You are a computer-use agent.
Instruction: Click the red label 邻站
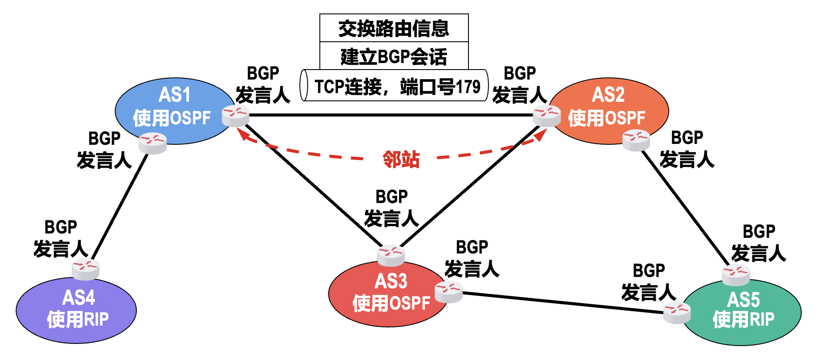(x=401, y=160)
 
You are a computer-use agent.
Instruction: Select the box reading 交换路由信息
(x=394, y=28)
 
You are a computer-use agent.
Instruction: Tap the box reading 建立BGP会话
(x=394, y=57)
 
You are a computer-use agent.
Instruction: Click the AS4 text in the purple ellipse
(x=78, y=298)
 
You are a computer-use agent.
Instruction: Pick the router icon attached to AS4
(x=86, y=269)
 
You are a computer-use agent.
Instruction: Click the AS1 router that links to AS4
(x=153, y=143)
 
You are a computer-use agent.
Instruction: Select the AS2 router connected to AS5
(x=636, y=140)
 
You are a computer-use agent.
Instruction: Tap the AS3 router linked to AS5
(x=448, y=292)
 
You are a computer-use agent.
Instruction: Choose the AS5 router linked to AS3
(x=677, y=313)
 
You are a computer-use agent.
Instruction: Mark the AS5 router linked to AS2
(x=735, y=275)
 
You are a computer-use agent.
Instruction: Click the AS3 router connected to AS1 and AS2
(x=391, y=255)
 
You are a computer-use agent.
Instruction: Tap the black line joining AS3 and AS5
(x=563, y=303)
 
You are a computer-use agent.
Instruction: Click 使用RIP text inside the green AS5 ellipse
(x=743, y=320)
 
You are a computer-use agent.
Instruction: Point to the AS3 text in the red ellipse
(x=391, y=281)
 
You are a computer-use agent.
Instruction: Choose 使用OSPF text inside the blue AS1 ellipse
(x=172, y=118)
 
